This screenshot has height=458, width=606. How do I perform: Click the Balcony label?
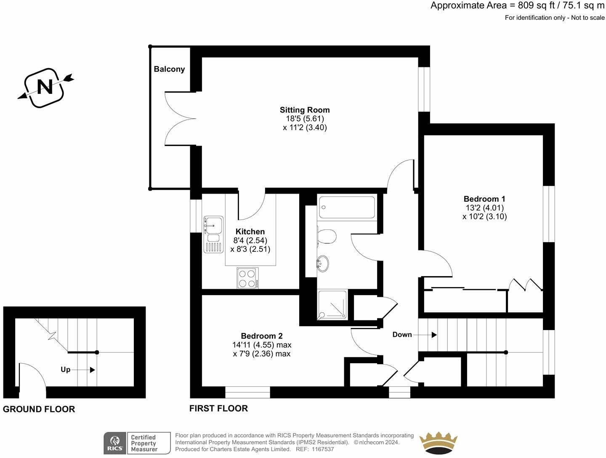169,69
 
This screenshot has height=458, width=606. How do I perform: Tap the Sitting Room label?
305,110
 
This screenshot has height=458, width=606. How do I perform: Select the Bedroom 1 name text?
484,199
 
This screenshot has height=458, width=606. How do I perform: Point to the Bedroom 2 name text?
261,336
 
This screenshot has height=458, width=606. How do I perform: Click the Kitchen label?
250,232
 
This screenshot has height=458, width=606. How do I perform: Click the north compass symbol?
45,88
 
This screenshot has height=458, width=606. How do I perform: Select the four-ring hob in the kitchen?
247,278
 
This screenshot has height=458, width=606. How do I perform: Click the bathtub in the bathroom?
346,207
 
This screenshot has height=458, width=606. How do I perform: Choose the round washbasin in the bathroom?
322,264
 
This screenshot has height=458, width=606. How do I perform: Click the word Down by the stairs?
402,335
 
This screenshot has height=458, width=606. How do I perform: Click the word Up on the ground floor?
65,370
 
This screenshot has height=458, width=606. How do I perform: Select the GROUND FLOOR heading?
39,409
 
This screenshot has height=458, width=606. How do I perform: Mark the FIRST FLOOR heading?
218,408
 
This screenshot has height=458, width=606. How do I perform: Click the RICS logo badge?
115,443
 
